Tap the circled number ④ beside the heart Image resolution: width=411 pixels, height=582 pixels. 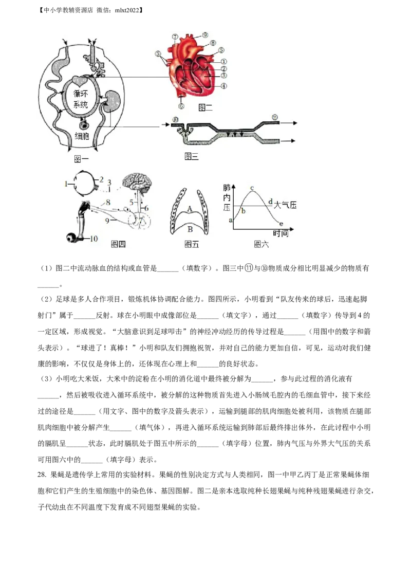click(223, 86)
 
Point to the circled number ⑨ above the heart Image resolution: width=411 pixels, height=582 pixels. click(205, 35)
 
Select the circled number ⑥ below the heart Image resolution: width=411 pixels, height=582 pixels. click(181, 106)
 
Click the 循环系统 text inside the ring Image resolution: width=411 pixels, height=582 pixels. click(81, 99)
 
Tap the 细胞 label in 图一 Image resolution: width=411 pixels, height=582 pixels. click(82, 136)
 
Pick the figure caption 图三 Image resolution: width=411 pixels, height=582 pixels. click(192, 156)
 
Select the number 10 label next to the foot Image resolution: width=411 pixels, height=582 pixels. click(94, 238)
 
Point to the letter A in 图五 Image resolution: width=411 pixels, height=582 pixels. click(190, 209)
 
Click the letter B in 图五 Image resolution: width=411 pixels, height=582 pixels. click(190, 229)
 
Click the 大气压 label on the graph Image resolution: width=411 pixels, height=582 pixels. click(285, 205)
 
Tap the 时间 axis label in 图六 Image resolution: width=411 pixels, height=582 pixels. click(281, 233)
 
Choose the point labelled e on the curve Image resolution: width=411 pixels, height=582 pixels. click(281, 224)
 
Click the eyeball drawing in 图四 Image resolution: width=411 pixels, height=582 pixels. click(83, 183)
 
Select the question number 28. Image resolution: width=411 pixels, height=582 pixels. click(42, 475)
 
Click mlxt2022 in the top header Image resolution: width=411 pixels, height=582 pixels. click(128, 10)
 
